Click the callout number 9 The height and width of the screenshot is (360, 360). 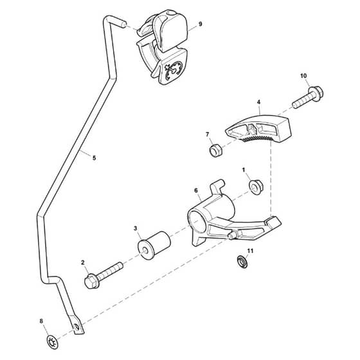tap(200, 24)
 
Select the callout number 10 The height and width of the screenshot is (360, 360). tap(303, 76)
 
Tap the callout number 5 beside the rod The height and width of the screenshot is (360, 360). tap(94, 158)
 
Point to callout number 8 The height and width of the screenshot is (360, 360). tap(41, 321)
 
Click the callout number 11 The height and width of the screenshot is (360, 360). tap(250, 251)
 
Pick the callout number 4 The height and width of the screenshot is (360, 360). tap(258, 102)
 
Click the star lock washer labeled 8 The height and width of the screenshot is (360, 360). tap(53, 342)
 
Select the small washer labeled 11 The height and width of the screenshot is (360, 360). tap(242, 262)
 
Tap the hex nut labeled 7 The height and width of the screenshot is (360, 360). tap(215, 150)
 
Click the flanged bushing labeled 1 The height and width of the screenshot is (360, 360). tap(256, 187)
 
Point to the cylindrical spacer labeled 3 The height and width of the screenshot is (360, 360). tap(154, 246)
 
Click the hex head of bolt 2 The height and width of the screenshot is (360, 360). tap(91, 281)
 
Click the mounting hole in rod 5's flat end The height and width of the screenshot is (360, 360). tap(77, 327)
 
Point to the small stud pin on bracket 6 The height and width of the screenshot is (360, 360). tap(233, 235)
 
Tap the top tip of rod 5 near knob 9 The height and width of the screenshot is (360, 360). tap(123, 24)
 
